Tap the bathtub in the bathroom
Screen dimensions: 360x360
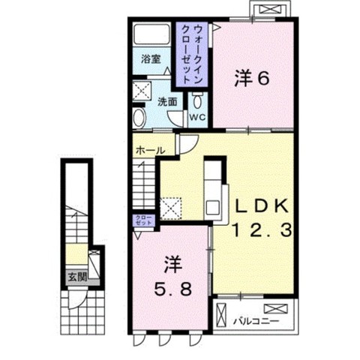click(152, 36)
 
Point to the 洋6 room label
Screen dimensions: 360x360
click(250, 78)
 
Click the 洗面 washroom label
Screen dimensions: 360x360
click(167, 101)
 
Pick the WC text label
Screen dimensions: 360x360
click(196, 118)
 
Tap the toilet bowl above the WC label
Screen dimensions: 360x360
click(196, 100)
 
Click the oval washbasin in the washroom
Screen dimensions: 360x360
click(140, 118)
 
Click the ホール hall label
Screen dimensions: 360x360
click(149, 151)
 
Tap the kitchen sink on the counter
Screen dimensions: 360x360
click(212, 205)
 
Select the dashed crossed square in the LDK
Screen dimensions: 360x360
click(172, 205)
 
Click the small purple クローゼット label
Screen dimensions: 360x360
click(143, 220)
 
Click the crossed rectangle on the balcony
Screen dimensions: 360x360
click(274, 307)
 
